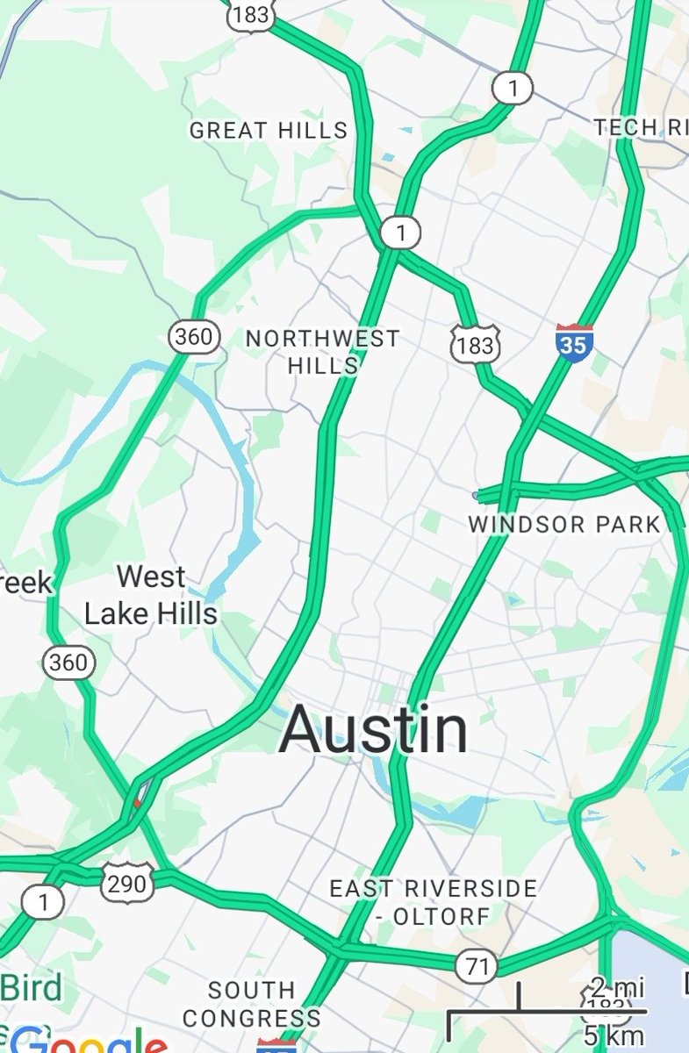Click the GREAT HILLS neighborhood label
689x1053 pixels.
269,131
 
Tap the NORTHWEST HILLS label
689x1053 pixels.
322,351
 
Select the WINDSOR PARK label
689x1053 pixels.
564,525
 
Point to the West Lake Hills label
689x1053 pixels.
151,595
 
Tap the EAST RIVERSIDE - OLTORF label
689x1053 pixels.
433,902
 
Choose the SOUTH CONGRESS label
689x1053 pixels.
252,1004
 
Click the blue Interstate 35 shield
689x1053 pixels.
573,341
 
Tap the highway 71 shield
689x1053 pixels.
477,966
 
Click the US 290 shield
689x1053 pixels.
126,883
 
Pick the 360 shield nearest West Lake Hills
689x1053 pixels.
68,661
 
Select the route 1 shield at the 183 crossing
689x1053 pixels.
401,233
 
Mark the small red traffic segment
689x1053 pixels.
136,802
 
